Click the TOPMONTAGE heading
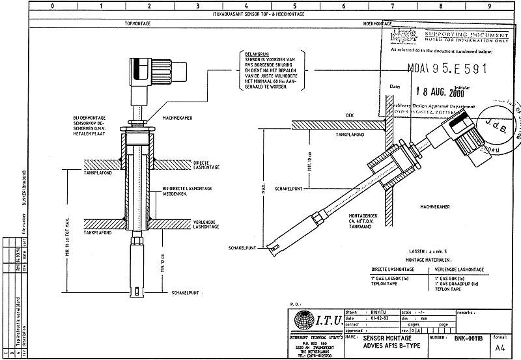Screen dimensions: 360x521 click(137, 23)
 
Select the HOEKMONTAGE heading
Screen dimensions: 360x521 click(377, 23)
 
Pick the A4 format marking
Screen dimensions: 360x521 click(500, 348)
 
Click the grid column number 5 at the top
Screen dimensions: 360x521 click(294, 5)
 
